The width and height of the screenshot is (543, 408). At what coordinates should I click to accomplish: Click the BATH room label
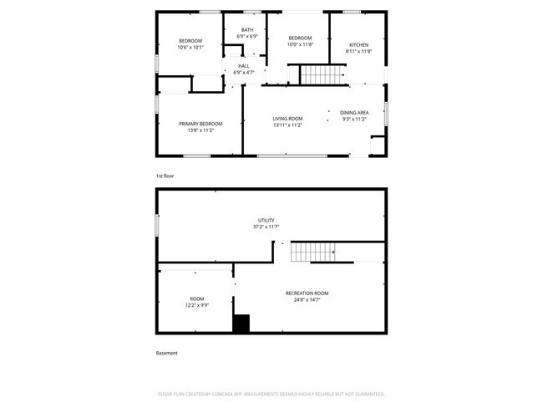(247, 30)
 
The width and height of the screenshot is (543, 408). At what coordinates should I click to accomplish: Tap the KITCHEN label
(358, 44)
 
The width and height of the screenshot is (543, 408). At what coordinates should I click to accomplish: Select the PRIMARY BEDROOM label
(200, 124)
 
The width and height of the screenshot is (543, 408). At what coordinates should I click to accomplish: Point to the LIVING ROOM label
(287, 119)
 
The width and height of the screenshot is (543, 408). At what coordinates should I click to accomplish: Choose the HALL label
(244, 66)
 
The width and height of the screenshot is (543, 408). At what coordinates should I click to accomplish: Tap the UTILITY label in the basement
(266, 220)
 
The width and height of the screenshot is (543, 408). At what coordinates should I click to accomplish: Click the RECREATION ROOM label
(307, 293)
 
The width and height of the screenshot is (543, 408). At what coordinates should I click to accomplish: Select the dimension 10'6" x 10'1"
(191, 48)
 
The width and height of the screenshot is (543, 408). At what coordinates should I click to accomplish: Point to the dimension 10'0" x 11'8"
(300, 44)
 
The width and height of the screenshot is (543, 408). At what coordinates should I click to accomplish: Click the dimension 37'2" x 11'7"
(266, 227)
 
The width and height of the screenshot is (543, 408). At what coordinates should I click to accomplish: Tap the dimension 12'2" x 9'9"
(197, 305)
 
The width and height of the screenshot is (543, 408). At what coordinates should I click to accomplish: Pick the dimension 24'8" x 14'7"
(307, 299)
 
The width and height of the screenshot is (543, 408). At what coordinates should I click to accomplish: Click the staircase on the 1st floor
(322, 75)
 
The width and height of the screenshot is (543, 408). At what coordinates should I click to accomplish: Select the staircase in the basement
(313, 251)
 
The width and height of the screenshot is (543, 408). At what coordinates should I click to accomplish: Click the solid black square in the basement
(241, 324)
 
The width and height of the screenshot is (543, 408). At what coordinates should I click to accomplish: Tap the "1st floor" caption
(165, 176)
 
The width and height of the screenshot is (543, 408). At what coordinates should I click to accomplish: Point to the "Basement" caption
(167, 353)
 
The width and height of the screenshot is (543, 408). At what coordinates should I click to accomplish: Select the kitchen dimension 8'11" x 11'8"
(358, 51)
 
